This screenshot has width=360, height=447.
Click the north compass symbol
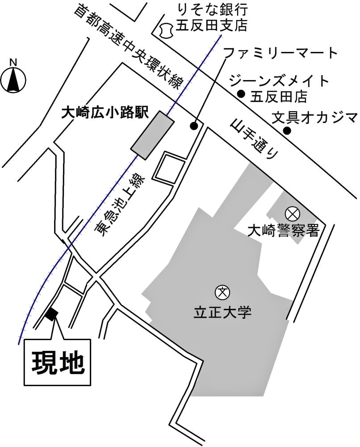[13, 78]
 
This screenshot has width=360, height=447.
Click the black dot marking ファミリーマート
[194, 126]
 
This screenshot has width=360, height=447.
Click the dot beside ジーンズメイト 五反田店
[241, 94]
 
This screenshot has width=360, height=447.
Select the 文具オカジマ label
[315, 118]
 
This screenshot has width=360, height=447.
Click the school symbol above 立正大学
[222, 292]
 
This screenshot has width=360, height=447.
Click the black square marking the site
[51, 314]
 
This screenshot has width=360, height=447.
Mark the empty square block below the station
[168, 168]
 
